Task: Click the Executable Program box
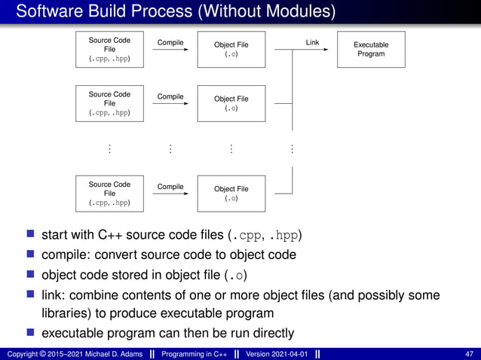point(371,50)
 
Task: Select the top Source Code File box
point(109,50)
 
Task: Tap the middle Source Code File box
point(109,104)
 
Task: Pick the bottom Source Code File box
point(109,194)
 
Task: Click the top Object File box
point(231,50)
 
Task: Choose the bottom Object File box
point(231,194)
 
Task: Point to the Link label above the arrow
point(312,42)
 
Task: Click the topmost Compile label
point(170,42)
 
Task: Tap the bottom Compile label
point(170,186)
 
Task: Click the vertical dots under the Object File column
point(231,149)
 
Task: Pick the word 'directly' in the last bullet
point(268,333)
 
